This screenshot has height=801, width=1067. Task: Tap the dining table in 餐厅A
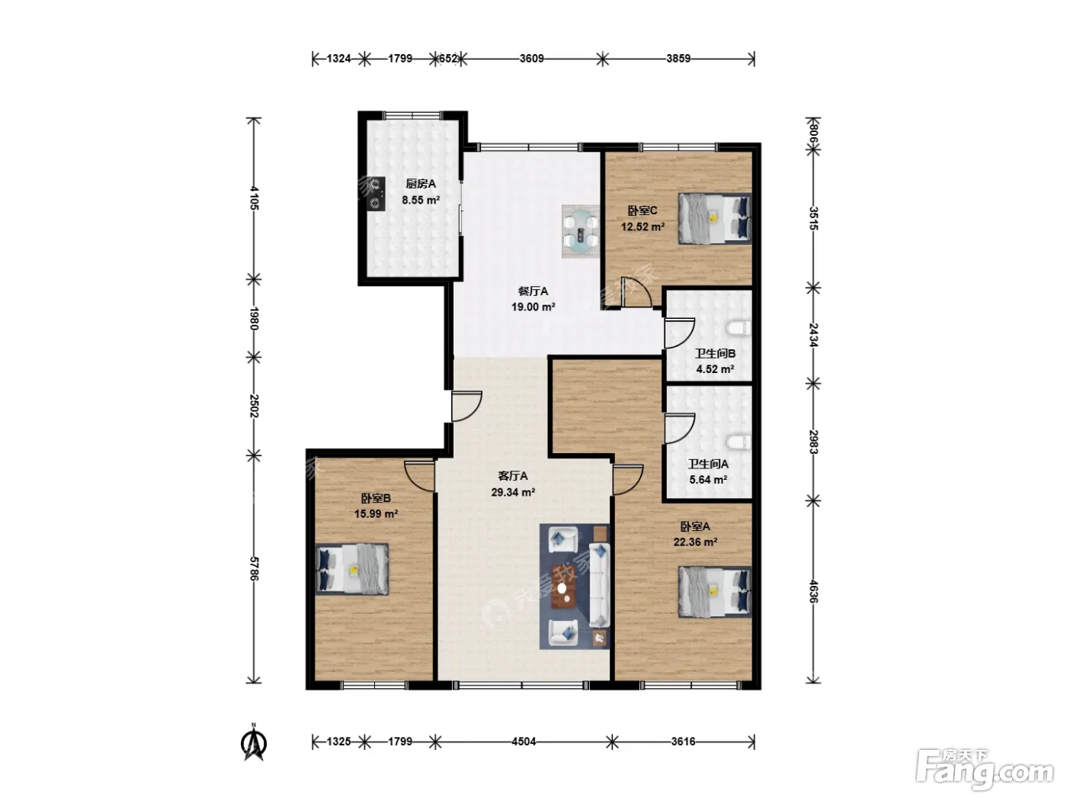[581, 231]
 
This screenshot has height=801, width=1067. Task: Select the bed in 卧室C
[715, 218]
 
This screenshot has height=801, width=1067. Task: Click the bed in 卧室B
[352, 569]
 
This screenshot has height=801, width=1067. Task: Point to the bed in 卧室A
[715, 591]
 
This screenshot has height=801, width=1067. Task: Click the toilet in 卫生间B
[739, 328]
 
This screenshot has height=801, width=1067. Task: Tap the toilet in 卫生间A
[739, 442]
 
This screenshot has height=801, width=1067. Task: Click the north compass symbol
[254, 742]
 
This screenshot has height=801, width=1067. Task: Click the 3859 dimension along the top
[678, 59]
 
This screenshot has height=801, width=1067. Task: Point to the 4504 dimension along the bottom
[524, 741]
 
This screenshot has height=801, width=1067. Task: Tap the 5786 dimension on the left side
[254, 568]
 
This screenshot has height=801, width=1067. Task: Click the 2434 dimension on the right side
[813, 335]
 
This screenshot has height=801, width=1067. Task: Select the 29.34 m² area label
[513, 492]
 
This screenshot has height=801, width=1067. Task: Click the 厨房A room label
[421, 184]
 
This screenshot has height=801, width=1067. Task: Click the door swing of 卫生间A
[680, 429]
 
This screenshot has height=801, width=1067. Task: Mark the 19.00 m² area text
[533, 307]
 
